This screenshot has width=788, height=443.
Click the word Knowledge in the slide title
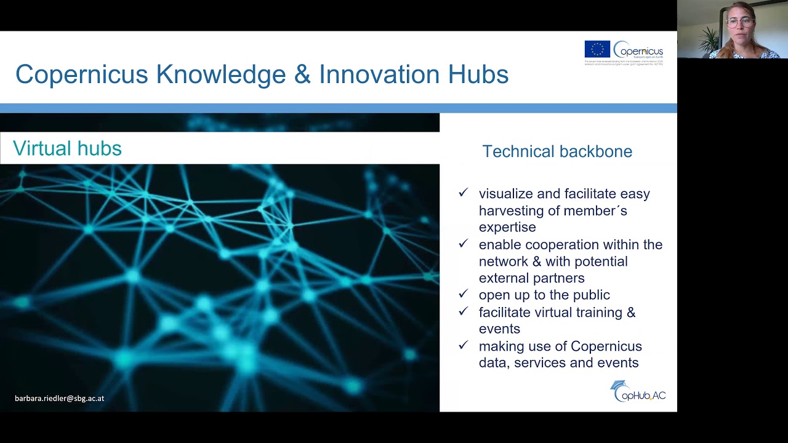(220, 74)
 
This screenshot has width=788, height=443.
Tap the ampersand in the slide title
(302, 74)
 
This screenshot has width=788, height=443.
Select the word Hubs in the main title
(478, 74)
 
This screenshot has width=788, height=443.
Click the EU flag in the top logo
(597, 49)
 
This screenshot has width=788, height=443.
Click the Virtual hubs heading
(67, 148)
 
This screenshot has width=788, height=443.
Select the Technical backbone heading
(557, 151)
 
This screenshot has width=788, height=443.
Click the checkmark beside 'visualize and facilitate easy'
(464, 193)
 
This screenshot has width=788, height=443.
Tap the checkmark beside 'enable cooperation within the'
(464, 244)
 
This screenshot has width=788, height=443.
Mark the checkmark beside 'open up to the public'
(464, 295)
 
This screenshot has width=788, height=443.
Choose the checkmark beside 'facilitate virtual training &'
(464, 312)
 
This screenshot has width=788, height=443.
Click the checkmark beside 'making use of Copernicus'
(464, 346)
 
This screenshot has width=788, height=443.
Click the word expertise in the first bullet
(507, 227)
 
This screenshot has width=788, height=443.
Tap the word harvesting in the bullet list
(509, 210)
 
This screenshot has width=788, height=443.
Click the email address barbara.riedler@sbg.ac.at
(60, 398)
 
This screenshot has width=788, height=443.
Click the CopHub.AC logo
(638, 391)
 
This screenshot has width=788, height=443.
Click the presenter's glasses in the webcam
(739, 22)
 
